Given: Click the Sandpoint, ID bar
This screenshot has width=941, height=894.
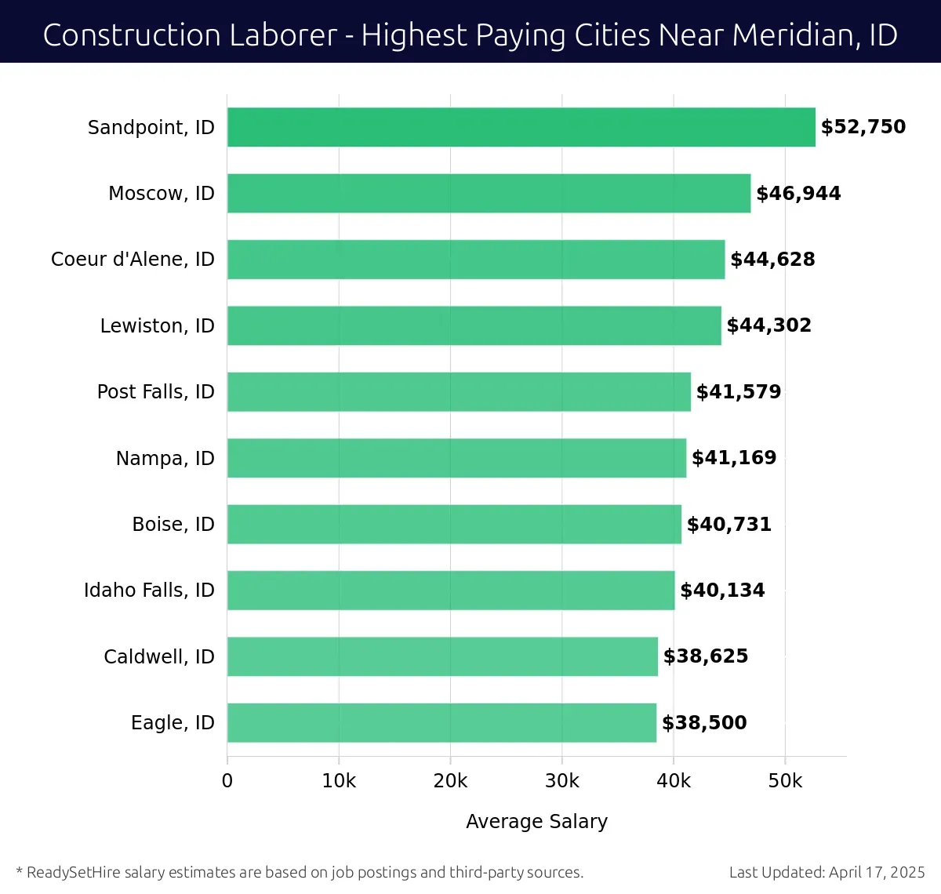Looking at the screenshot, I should pyautogui.click(x=521, y=127).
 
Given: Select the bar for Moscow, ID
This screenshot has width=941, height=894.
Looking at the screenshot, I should pyautogui.click(x=489, y=193).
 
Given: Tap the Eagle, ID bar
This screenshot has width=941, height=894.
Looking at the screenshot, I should pyautogui.click(x=441, y=722).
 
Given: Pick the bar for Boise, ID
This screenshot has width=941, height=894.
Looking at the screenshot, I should pyautogui.click(x=454, y=524).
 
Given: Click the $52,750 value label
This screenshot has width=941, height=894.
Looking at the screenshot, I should pyautogui.click(x=863, y=127).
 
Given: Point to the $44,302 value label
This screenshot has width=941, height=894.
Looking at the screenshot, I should pyautogui.click(x=768, y=325).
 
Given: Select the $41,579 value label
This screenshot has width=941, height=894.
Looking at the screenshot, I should pyautogui.click(x=739, y=391).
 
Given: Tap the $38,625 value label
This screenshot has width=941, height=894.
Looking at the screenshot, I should pyautogui.click(x=706, y=656).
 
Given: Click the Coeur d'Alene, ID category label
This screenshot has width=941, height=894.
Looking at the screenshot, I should pyautogui.click(x=133, y=260).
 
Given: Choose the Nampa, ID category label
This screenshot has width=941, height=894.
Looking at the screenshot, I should pyautogui.click(x=165, y=458).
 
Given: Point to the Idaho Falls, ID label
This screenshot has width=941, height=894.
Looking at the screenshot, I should pyautogui.click(x=149, y=591).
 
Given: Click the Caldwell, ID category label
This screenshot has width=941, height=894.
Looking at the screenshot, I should pyautogui.click(x=158, y=656).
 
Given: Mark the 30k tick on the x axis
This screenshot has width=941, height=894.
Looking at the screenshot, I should pyautogui.click(x=562, y=781).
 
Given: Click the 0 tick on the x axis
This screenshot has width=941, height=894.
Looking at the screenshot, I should pyautogui.click(x=227, y=781).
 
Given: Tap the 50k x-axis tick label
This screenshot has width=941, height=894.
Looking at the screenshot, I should pyautogui.click(x=785, y=781).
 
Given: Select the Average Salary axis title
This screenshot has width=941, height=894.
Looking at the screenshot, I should pyautogui.click(x=536, y=821).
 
